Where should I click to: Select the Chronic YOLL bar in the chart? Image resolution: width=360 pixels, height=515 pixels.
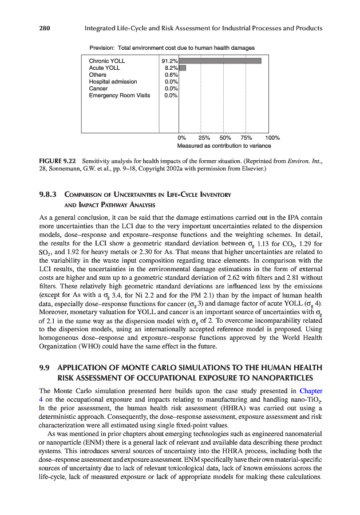click(220, 61)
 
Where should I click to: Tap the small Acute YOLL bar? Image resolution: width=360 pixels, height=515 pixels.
click(183, 68)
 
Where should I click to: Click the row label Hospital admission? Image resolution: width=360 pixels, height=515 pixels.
click(113, 81)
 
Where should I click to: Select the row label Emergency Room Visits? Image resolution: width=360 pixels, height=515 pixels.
click(119, 96)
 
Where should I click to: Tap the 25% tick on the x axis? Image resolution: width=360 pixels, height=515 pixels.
click(203, 138)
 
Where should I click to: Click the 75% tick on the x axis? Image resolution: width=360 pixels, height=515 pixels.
click(246, 138)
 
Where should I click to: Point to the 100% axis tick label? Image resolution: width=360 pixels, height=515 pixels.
click(272, 138)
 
